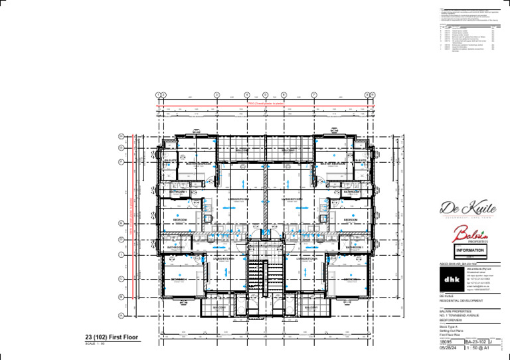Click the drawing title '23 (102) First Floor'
[112, 337]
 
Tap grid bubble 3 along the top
[216, 95]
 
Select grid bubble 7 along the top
[314, 95]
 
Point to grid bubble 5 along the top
[265, 95]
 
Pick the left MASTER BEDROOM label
[198, 163]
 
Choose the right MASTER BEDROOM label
[332, 163]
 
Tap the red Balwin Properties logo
[470, 234]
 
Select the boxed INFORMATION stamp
[470, 250]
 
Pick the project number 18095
[446, 341]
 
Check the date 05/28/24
[448, 347]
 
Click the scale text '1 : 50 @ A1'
[478, 347]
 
